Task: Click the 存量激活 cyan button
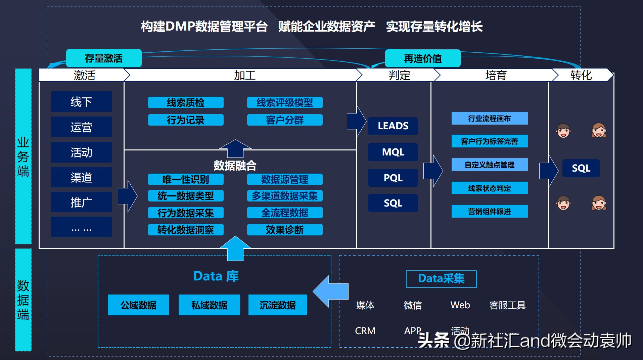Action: click(104, 58)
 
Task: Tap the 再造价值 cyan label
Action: click(422, 59)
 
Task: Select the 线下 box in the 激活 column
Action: click(81, 102)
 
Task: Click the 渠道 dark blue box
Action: click(81, 178)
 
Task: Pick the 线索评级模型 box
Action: click(285, 103)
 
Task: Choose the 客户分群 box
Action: click(285, 120)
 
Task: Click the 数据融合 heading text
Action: click(235, 165)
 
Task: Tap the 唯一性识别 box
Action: click(186, 179)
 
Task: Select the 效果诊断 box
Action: click(285, 230)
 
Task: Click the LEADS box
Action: click(393, 126)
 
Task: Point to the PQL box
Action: click(393, 178)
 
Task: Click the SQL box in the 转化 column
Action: click(581, 168)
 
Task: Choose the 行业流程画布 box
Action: click(489, 119)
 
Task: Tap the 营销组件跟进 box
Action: click(489, 211)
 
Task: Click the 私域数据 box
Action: click(209, 305)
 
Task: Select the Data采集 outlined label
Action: click(441, 279)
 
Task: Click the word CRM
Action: click(365, 331)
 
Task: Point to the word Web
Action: click(460, 305)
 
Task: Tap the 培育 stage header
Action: click(496, 75)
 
